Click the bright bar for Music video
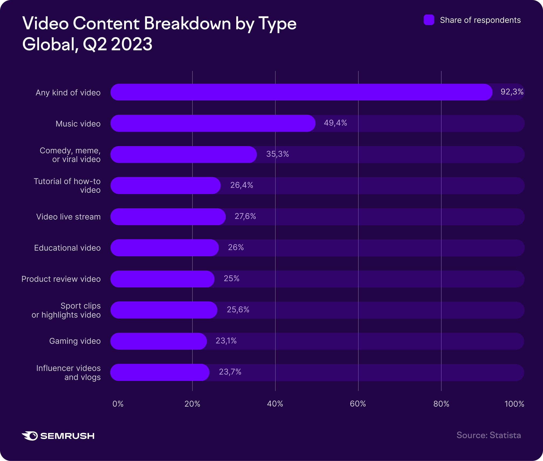click(213, 123)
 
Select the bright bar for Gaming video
click(159, 341)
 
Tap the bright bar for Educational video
click(165, 248)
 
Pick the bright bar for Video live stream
click(168, 217)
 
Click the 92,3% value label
click(512, 92)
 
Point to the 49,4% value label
click(335, 123)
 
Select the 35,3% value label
click(277, 154)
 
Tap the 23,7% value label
click(230, 372)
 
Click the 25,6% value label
click(238, 310)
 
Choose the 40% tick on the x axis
click(275, 404)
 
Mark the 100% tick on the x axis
click(514, 404)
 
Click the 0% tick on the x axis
click(118, 404)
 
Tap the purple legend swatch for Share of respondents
click(429, 20)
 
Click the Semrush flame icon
click(30, 436)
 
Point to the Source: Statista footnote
click(488, 435)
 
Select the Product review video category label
click(61, 279)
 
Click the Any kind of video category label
click(68, 93)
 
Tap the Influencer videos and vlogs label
click(69, 373)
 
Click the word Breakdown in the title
click(187, 24)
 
